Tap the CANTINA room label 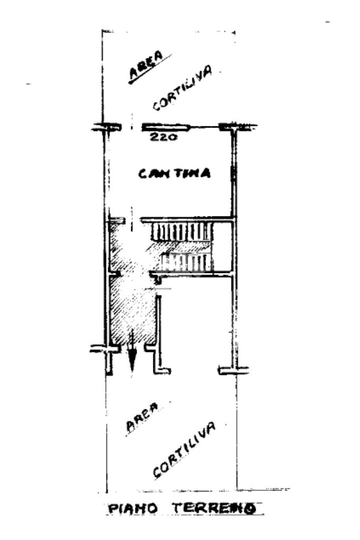click(x=174, y=173)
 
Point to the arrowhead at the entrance click(x=132, y=360)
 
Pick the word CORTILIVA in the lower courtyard click(x=184, y=450)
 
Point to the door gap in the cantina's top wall click(x=132, y=127)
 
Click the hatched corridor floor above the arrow click(x=132, y=311)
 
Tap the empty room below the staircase click(x=195, y=321)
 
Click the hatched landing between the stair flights click(x=179, y=247)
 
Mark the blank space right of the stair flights click(x=223, y=247)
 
